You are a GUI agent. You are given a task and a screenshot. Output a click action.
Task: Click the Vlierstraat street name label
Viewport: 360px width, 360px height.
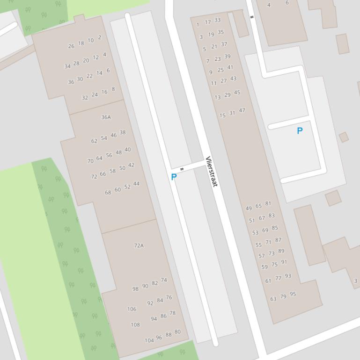tap(212, 172)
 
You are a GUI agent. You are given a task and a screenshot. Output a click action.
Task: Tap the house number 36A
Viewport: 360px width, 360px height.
tap(106, 117)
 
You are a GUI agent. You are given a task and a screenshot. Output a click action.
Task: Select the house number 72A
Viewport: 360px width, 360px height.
tap(139, 245)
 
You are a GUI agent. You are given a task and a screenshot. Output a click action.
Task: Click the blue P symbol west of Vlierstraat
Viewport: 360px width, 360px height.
tap(174, 177)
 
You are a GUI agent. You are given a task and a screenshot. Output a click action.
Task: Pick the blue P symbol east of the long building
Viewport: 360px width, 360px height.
tap(300, 131)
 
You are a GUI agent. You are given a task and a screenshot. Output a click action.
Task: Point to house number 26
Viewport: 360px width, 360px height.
tap(71, 46)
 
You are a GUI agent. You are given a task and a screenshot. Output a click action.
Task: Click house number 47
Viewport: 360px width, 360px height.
tap(242, 110)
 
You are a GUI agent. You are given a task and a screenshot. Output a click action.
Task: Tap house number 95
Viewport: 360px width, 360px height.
tap(293, 294)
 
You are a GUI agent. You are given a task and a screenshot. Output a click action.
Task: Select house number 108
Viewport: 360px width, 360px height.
tap(135, 324)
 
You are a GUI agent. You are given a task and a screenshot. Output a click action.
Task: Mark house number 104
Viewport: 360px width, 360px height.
tap(149, 340)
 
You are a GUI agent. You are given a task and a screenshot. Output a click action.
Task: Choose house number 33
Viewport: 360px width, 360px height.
tap(217, 20)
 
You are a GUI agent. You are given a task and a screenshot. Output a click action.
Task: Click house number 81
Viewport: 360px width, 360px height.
tap(268, 203)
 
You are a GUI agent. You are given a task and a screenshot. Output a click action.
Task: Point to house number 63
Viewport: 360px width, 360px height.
tap(273, 299)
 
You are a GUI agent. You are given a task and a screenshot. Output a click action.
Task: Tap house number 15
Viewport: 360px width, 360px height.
tap(222, 115)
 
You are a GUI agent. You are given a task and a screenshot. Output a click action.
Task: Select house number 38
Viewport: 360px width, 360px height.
tap(123, 132)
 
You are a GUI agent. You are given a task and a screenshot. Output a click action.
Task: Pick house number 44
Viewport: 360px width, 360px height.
tap(136, 184)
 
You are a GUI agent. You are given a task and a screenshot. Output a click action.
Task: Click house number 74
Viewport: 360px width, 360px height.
tap(164, 280)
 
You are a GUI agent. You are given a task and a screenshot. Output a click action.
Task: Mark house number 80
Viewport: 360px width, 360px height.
tap(177, 332)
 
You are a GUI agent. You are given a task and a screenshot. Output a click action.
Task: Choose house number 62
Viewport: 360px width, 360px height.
tap(95, 141)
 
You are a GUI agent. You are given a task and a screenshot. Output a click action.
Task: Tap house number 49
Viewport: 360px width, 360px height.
tap(249, 209)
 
